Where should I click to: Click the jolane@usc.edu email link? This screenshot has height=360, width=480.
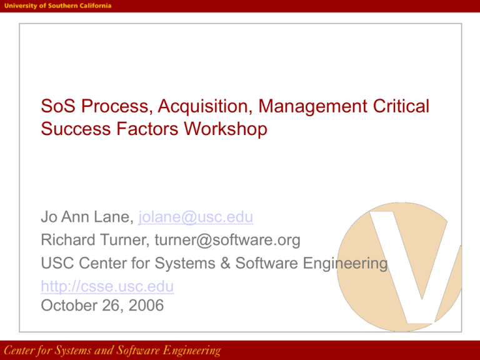point(196,217)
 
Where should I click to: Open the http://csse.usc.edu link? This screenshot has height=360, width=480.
point(107,286)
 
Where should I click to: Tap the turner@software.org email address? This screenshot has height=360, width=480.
point(227,240)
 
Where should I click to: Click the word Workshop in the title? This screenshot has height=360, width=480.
point(226,129)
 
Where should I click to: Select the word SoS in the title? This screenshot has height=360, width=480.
point(58,106)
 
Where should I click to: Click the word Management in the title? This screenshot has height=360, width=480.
point(312,106)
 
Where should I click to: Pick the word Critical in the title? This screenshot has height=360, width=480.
point(401,106)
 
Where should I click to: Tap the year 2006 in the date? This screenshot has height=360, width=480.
point(146,305)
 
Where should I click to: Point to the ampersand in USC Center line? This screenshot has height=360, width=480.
point(225,263)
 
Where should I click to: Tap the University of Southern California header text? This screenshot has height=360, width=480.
point(58,6)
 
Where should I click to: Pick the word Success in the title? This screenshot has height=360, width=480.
point(76,129)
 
